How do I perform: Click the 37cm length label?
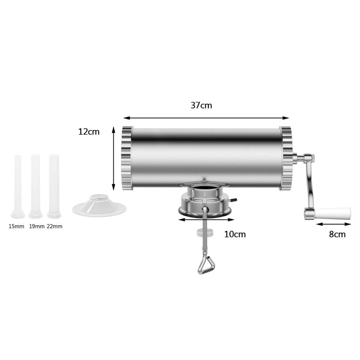point(201,105)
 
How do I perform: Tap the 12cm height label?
point(88,132)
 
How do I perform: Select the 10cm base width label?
point(235,234)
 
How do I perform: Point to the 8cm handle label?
point(337,234)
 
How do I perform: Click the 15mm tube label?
point(16,226)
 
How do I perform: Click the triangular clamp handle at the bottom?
point(205,265)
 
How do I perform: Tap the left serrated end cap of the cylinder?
point(126,158)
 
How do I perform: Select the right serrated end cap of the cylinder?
point(285,158)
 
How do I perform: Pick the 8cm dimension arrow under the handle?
point(334,224)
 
